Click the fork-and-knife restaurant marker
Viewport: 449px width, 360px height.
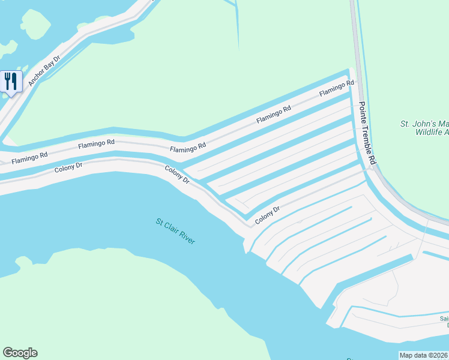(11, 81)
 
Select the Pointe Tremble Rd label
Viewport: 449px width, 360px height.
(367, 133)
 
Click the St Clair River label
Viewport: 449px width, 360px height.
(175, 231)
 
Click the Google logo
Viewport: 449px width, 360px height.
(20, 353)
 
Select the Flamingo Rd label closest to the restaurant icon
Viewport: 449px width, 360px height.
(29, 157)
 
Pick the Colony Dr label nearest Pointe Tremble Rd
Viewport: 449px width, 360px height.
(268, 215)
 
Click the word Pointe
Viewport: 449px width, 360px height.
(363, 112)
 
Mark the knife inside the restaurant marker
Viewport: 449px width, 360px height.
(14, 80)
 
